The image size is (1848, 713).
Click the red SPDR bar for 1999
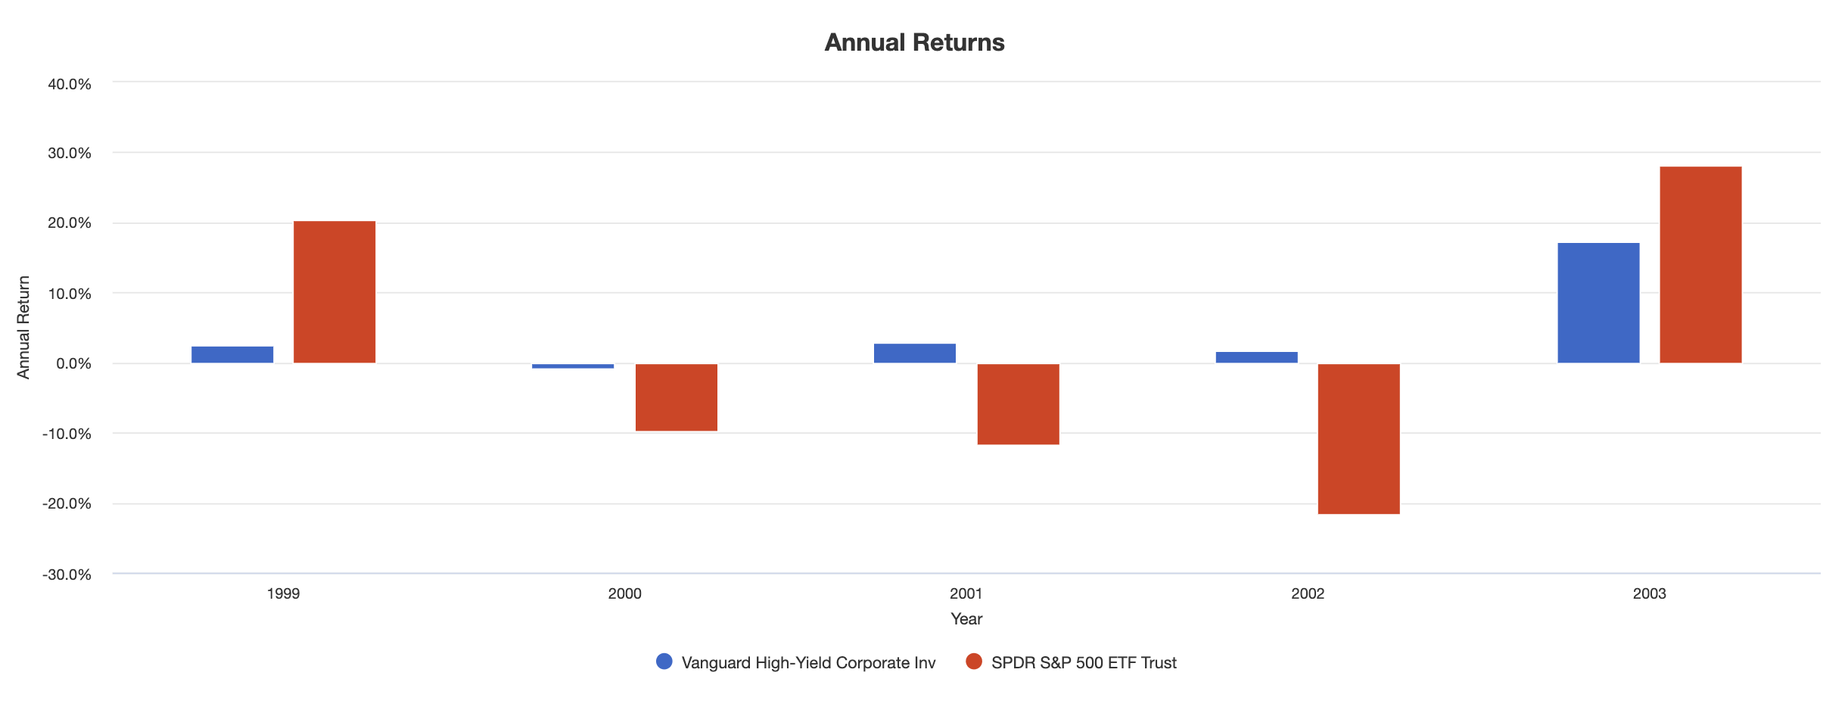click(334, 292)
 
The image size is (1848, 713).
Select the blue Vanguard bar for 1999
click(232, 355)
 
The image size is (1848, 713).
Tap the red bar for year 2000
click(676, 397)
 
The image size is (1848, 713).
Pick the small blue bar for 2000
click(573, 366)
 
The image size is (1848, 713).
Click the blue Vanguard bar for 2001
click(914, 353)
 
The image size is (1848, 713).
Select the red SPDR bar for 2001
click(1018, 404)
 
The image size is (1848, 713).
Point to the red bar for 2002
click(1358, 439)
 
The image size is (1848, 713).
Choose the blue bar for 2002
click(1256, 357)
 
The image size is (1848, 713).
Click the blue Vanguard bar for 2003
click(1598, 303)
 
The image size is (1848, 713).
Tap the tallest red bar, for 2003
click(1700, 265)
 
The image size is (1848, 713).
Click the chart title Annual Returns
click(914, 42)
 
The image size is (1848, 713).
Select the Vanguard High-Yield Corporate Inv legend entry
click(796, 662)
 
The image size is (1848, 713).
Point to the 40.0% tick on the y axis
click(70, 84)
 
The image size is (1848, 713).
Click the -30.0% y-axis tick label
click(67, 574)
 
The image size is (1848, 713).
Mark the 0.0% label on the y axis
click(73, 363)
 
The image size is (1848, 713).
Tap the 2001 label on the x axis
click(966, 594)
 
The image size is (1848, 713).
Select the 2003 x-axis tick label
click(1649, 594)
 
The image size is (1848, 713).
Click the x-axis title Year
click(966, 619)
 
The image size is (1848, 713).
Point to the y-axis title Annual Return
click(23, 327)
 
